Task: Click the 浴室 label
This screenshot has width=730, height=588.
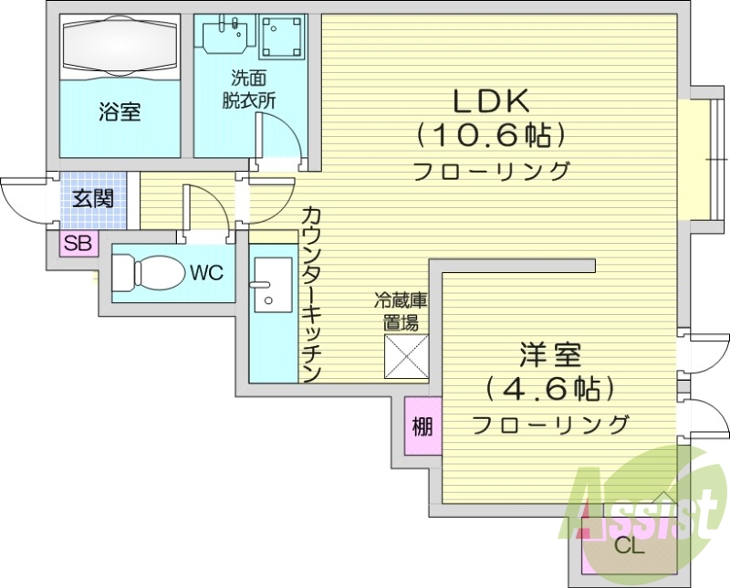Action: pyautogui.click(x=120, y=112)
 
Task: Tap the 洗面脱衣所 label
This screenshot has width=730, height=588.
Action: pyautogui.click(x=249, y=90)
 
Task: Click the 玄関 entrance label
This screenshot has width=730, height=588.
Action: pyautogui.click(x=93, y=198)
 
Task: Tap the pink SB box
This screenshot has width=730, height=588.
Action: pyautogui.click(x=77, y=243)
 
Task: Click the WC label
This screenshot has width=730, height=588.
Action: pyautogui.click(x=207, y=271)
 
